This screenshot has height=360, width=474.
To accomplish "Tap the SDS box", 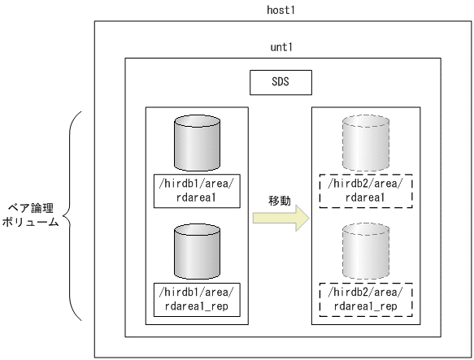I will point(280,82).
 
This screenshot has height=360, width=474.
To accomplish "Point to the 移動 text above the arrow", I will point(280,198).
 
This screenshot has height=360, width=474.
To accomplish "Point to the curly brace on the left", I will point(76,215).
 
